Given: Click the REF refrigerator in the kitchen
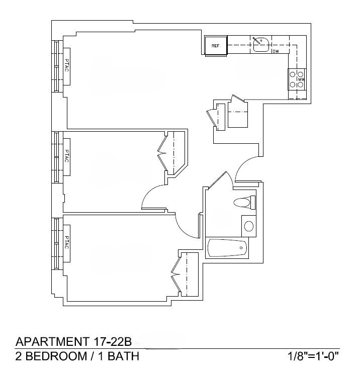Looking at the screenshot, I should tap(216, 46).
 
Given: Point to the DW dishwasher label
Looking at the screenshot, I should tap(276, 51).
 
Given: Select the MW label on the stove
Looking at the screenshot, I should tap(301, 79).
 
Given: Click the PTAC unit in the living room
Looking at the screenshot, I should tap(66, 66).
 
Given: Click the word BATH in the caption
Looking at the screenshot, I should tap(122, 357).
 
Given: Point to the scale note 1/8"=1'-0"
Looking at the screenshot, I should tap(312, 357).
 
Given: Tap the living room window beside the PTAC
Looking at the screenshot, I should tap(56, 66).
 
